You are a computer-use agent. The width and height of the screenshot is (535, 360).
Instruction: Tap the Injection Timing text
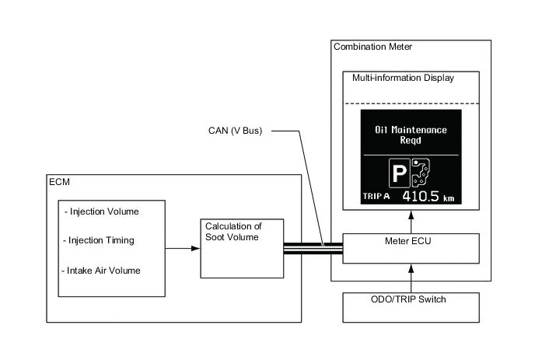(x=101, y=240)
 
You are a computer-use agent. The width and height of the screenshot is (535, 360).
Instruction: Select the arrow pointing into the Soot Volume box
(x=184, y=248)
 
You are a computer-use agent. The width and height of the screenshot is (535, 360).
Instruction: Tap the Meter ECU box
(x=409, y=247)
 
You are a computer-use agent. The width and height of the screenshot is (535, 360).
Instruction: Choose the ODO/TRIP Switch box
(x=409, y=299)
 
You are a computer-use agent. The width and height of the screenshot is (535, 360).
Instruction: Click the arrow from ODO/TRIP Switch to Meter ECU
(x=409, y=276)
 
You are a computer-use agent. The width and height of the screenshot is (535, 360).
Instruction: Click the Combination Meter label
(x=372, y=47)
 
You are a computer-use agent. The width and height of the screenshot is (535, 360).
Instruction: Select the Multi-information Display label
(x=403, y=79)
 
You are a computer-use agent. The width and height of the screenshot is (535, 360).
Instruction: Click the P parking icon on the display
(x=400, y=173)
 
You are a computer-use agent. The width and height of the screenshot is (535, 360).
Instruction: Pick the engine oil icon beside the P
(x=421, y=173)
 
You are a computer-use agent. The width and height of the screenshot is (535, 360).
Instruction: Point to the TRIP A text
(x=379, y=198)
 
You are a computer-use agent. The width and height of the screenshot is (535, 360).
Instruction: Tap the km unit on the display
(x=448, y=199)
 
